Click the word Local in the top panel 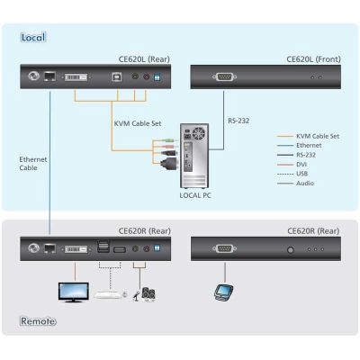coord(33,37)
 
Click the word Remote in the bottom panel coord(38,321)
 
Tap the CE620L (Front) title coord(313,59)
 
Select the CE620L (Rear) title coord(144,59)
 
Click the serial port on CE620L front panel coord(224,77)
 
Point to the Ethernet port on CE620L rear coord(49,76)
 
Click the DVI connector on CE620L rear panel coord(76,77)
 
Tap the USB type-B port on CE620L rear coord(116,76)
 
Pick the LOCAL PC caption coord(195,195)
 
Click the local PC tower coord(194,156)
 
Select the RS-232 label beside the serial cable coord(238,121)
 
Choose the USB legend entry coord(302,174)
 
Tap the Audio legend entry coord(305,183)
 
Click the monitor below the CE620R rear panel coord(74,292)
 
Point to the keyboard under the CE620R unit coord(108,294)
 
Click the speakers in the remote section coord(148,294)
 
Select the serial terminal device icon coord(224,292)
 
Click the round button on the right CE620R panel coord(291,249)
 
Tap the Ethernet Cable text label coord(33,164)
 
